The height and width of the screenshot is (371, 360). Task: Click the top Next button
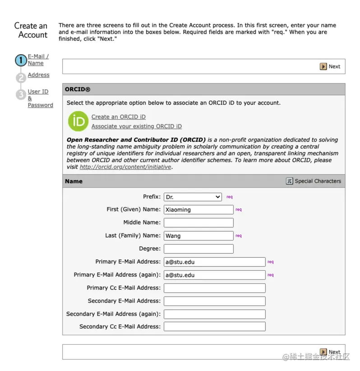[x=330, y=66]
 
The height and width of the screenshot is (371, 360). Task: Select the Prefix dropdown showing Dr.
[x=193, y=197]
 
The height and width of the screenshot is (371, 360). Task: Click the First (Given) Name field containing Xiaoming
[x=198, y=209]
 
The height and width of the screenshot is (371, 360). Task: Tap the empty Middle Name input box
[x=198, y=223]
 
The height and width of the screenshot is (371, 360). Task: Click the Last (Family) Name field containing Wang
[x=198, y=236]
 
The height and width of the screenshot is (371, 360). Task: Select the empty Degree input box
[x=198, y=249]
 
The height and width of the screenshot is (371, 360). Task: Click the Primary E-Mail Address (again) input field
[x=214, y=275]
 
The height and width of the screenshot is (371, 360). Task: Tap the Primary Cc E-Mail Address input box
[x=214, y=288]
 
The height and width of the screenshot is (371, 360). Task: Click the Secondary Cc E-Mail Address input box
[x=214, y=326]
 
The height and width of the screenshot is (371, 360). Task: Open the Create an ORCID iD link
[x=118, y=117]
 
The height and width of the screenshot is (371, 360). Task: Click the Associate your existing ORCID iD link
[x=136, y=126]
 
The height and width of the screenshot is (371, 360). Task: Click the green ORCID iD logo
[x=78, y=121]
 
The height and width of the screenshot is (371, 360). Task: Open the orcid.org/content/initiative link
[x=125, y=167]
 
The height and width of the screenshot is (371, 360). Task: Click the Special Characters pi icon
[x=290, y=181]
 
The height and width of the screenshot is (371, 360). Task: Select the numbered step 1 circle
[x=21, y=60]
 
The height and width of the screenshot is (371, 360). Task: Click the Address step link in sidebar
[x=38, y=75]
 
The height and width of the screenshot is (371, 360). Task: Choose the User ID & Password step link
[x=40, y=98]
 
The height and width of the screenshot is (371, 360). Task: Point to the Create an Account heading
[x=31, y=30]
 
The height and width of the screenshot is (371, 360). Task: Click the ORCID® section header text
[x=78, y=89]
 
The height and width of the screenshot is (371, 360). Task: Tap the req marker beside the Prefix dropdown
[x=230, y=197]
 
